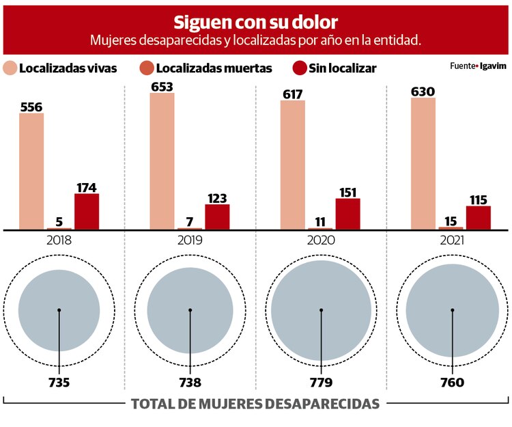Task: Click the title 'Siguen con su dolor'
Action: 255,22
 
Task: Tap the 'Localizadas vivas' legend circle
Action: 10,68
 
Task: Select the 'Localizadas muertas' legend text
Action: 214,68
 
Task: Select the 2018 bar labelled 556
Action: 31,171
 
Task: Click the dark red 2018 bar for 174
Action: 87,211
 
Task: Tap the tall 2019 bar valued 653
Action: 162,161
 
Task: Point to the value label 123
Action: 217,198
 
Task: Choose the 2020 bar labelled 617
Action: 293,165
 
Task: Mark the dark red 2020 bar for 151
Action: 347,213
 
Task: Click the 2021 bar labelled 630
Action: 423,163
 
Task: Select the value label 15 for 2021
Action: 451,221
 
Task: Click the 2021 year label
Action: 451,240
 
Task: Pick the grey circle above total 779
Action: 321,310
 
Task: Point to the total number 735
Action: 59,383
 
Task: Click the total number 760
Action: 451,383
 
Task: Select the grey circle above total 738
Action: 190,310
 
